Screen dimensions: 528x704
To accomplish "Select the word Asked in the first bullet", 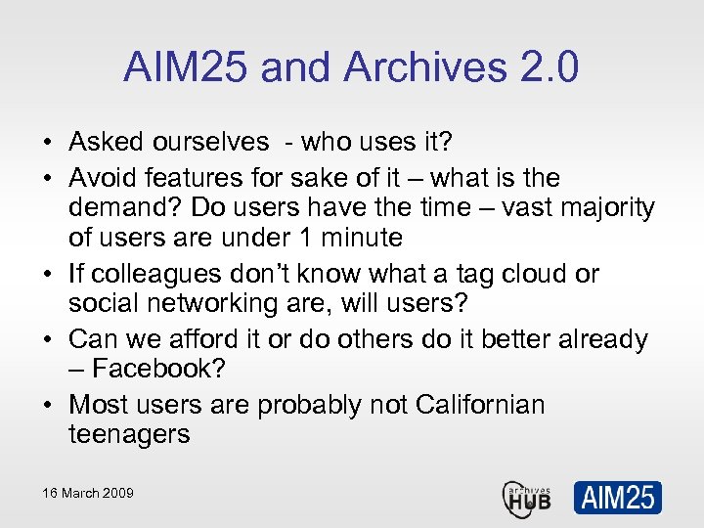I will coord(108,142).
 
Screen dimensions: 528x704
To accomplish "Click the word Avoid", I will coord(104,178).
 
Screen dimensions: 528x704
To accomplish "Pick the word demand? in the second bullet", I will coord(125,207).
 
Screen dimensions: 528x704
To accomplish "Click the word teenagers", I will coord(129,434).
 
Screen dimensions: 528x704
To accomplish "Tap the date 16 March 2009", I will coord(87,493).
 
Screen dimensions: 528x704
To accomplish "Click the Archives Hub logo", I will coord(527,497).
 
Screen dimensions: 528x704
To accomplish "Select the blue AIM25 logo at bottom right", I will coord(617,497).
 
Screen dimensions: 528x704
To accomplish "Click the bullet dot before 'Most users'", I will coord(47,406).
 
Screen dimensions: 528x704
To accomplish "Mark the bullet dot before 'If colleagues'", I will coord(47,275).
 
